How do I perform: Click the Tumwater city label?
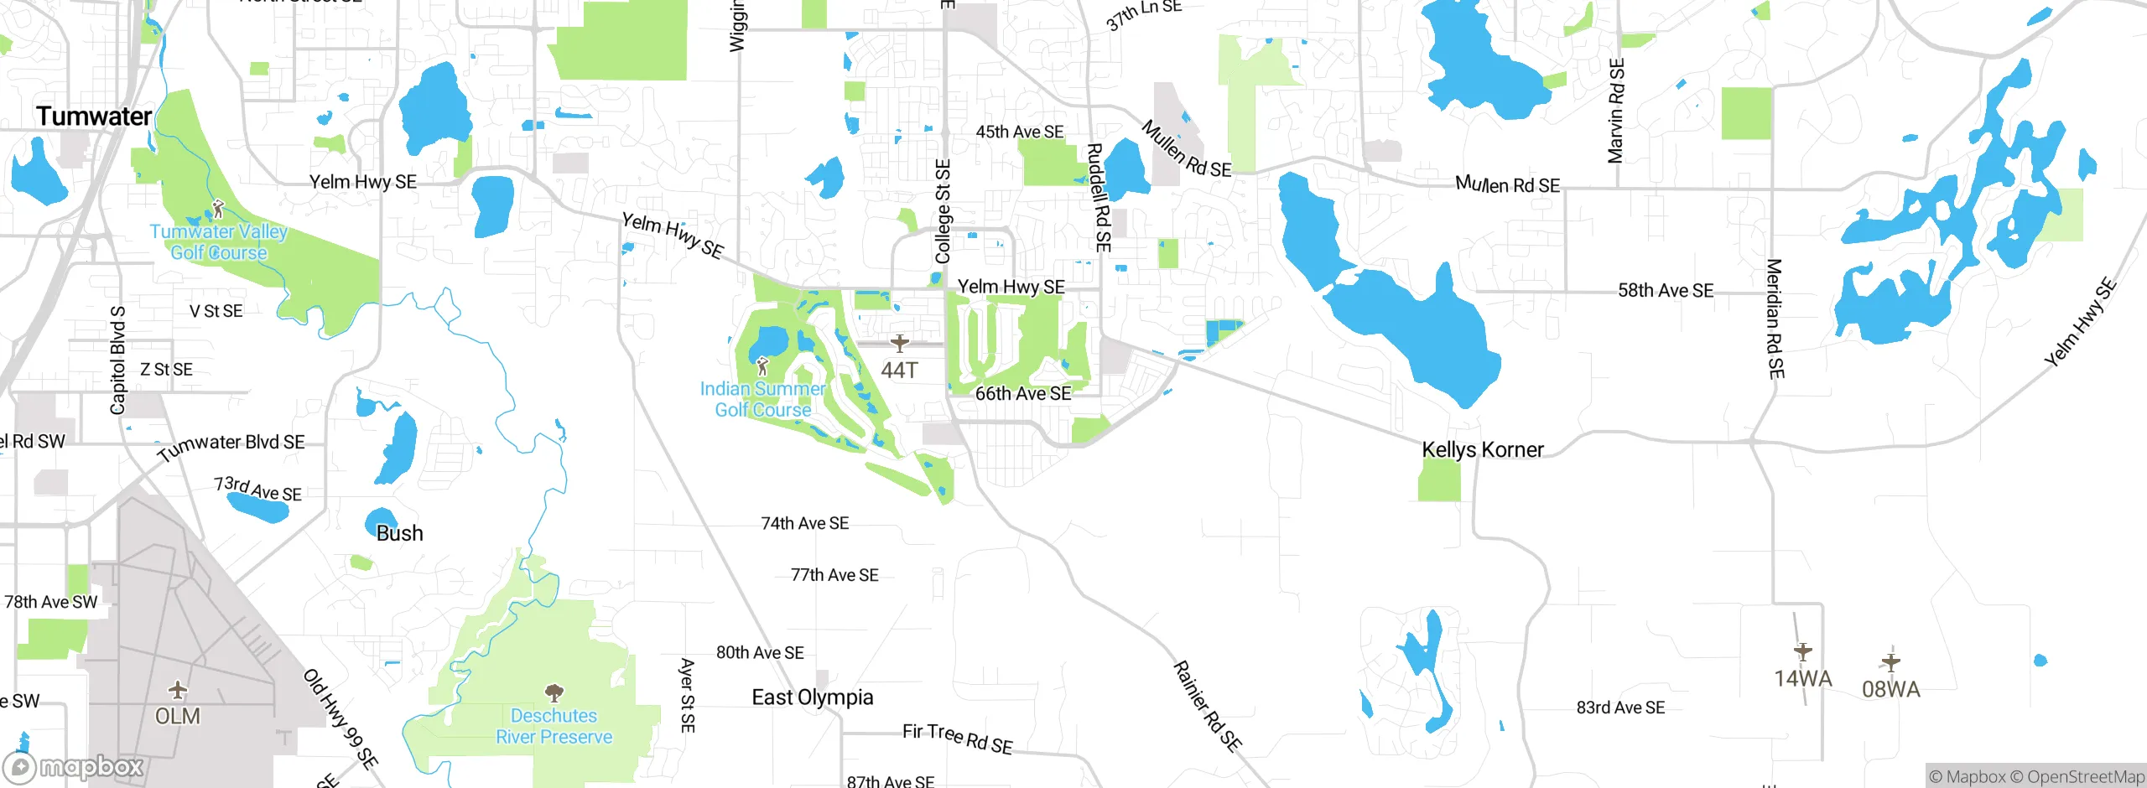point(94,117)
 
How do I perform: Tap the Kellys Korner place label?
point(1482,449)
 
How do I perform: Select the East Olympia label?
point(812,697)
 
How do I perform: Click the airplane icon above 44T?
point(899,343)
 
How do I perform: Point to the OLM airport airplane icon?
point(177,690)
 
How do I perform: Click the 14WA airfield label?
point(1802,678)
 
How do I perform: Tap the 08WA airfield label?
point(1890,689)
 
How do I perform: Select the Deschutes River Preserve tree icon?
point(554,692)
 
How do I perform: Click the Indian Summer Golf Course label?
point(762,399)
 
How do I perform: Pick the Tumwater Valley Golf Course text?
point(218,241)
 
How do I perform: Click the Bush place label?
point(399,533)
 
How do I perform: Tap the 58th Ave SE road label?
point(1665,291)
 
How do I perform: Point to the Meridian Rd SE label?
point(1775,319)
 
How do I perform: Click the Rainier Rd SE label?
point(1207,705)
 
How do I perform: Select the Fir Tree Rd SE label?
point(957,738)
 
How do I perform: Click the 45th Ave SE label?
point(1019,132)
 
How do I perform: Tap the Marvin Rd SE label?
point(1615,111)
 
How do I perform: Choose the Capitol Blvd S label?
point(117,360)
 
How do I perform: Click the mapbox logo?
point(74,766)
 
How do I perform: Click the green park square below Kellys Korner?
point(1438,480)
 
